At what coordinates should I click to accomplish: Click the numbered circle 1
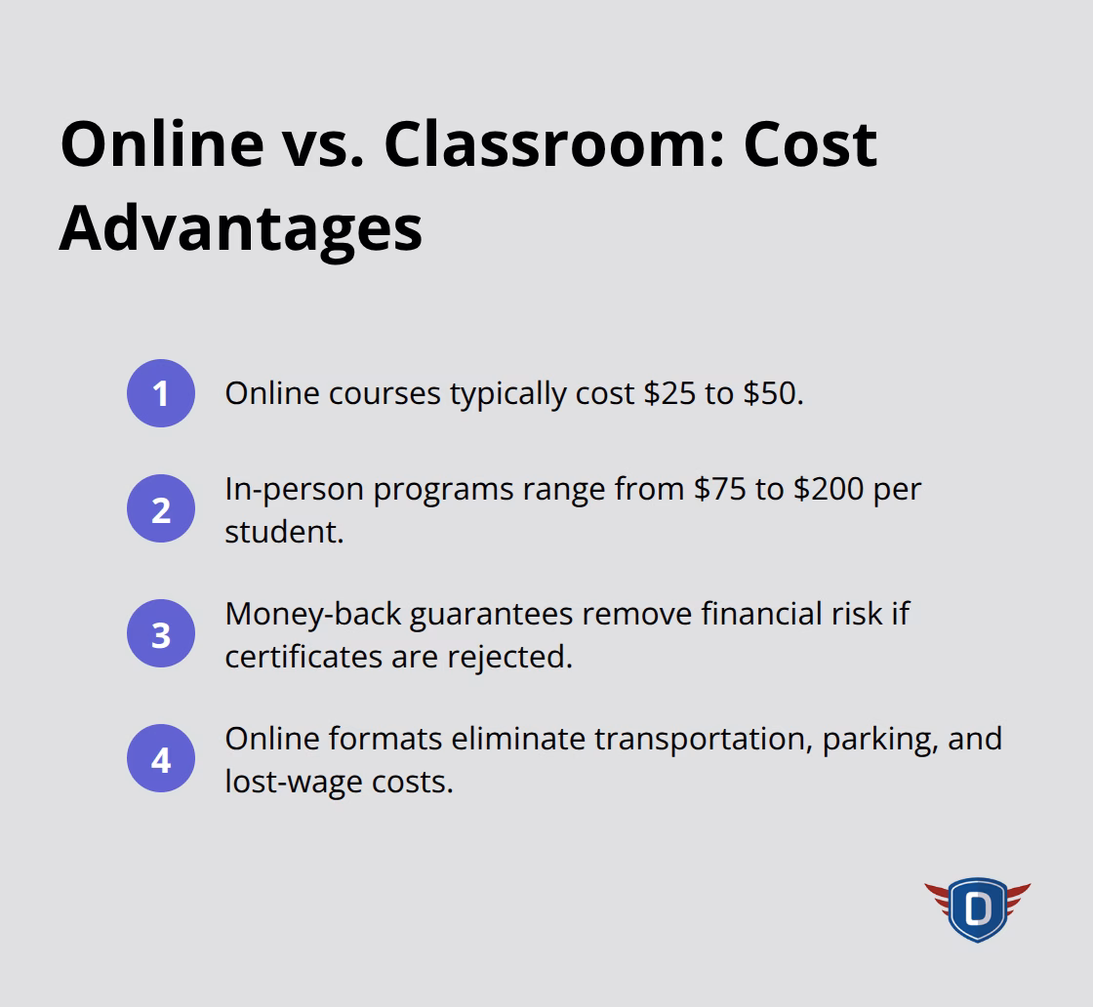point(161,393)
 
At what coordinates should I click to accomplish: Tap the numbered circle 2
point(161,509)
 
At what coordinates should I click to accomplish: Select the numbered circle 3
point(161,634)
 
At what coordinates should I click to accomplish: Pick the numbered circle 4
point(161,759)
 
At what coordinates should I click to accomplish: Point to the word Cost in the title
point(810,143)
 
